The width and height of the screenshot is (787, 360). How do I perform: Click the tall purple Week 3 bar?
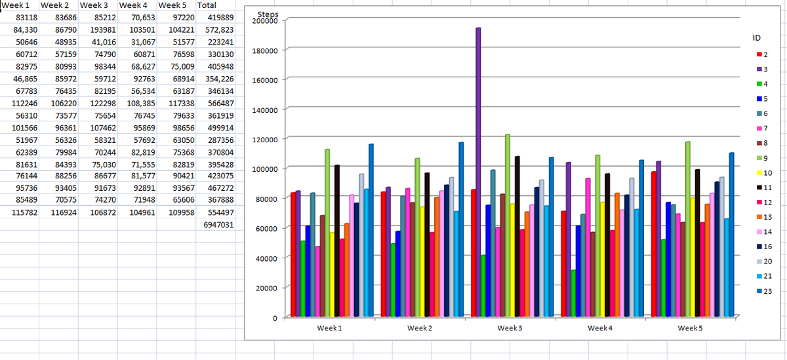478,172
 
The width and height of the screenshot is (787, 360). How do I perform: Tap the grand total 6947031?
218,225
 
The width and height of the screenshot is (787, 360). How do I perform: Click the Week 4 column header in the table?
133,5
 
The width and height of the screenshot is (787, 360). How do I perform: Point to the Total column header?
207,5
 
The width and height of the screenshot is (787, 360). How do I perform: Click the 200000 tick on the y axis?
265,21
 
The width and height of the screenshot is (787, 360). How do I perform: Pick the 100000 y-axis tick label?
265,169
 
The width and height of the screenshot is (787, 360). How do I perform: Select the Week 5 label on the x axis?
690,328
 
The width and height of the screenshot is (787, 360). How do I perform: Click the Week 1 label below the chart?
329,328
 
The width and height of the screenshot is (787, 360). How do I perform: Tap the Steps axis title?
268,14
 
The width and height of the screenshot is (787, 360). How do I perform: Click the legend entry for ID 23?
764,291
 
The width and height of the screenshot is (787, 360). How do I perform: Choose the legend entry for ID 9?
762,158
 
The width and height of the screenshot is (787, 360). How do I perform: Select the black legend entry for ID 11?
764,188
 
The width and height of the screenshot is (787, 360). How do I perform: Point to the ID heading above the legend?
756,38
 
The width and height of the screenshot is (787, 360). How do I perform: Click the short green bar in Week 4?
573,293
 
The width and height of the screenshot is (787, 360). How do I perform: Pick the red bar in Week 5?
653,244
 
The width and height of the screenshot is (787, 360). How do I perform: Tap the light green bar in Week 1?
327,233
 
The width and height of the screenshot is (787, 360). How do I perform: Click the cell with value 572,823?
219,30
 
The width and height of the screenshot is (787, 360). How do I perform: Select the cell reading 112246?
24,104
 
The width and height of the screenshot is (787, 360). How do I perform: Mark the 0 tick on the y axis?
275,318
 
